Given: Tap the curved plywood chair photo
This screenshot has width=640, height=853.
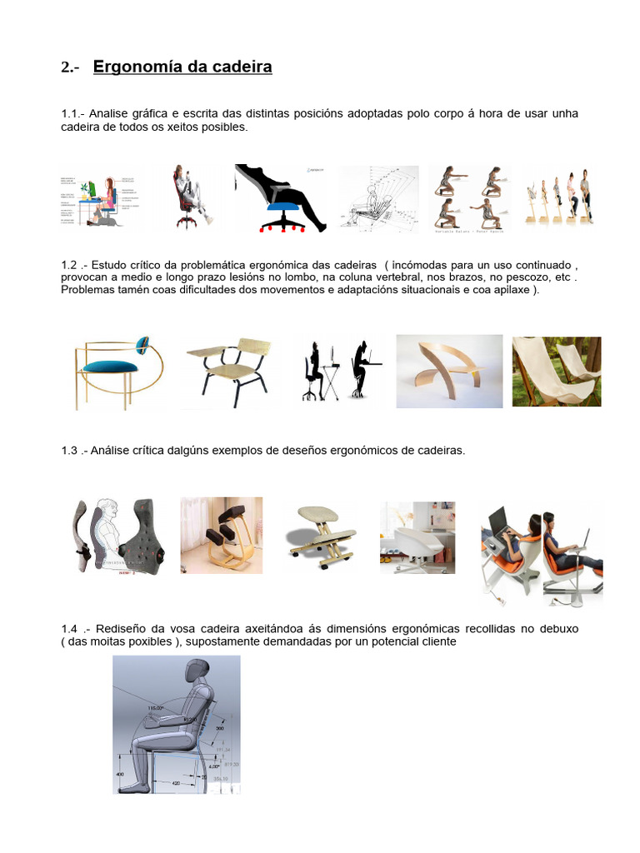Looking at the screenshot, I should (448, 370).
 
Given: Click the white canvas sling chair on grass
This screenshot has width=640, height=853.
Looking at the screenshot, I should (556, 370).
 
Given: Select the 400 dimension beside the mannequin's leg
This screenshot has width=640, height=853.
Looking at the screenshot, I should (120, 774).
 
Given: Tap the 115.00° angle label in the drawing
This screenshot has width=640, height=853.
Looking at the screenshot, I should (156, 707).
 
